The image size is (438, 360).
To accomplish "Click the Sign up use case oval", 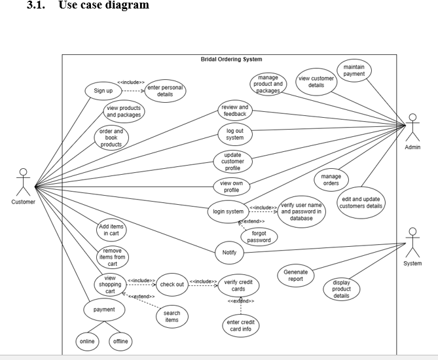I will point(103,90).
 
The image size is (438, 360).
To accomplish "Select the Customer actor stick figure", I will point(24,182).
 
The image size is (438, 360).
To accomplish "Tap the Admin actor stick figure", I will point(412,128).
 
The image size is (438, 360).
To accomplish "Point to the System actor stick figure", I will point(412,243).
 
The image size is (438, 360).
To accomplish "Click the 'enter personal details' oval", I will point(165,91).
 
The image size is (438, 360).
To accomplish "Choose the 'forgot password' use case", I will point(259,236).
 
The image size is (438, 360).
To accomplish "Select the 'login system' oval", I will point(228,211).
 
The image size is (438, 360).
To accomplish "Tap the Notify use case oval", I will point(229,251).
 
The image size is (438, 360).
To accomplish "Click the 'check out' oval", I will point(172,284).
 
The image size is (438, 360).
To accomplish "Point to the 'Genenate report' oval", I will point(297,275).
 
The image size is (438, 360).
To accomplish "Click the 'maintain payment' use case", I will point(354,71).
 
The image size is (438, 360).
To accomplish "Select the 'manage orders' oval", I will point(331,179).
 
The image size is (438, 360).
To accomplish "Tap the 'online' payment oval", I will point(87,341).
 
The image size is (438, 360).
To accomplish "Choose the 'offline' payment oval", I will point(121,341).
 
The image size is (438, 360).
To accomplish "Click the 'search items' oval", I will point(172,317).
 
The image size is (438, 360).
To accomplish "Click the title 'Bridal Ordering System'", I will point(231,60).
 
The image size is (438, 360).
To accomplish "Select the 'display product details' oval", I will point(341,289).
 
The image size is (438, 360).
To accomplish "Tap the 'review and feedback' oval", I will point(234,111).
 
